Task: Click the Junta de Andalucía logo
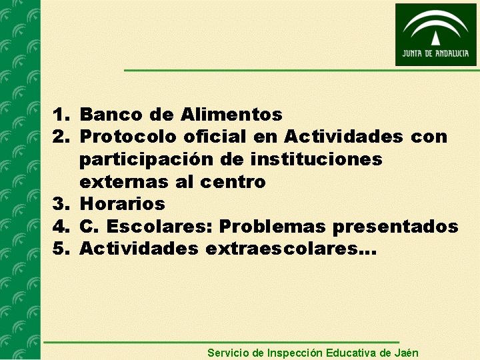click(435, 34)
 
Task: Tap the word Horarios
click(122, 204)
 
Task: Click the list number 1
click(62, 115)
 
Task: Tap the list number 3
click(62, 204)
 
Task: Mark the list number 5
click(62, 249)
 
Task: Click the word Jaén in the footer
click(407, 353)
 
